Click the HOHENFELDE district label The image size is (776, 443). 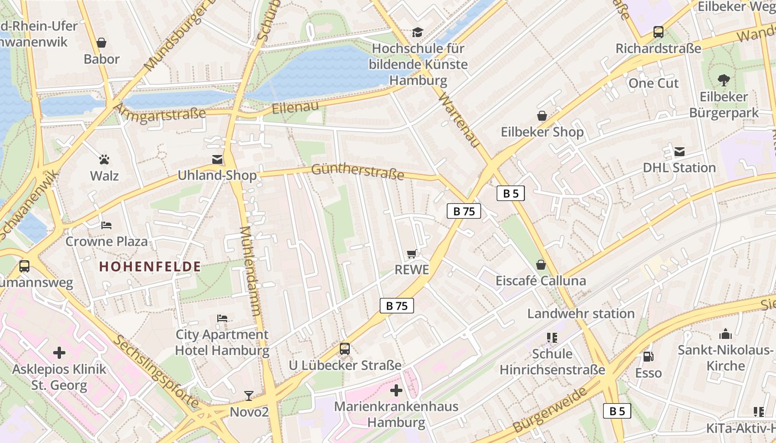pos(150,266)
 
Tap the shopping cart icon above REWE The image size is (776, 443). pos(411,254)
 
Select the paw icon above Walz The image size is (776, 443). pos(104,159)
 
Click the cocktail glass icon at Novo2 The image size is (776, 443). pos(249,395)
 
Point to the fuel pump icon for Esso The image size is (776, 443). pos(647,356)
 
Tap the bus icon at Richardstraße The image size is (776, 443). pos(658,32)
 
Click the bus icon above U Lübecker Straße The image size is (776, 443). pos(345,348)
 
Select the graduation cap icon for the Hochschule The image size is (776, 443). pos(417,32)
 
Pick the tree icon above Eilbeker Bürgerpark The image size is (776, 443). pos(723,80)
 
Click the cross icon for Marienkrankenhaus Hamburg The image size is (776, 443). pos(396,390)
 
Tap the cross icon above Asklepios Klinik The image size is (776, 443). pos(59,352)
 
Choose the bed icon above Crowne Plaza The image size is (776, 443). pos(106,225)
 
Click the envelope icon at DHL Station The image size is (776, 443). pos(679,151)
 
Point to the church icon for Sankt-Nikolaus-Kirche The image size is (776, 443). pos(725,334)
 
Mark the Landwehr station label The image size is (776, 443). pos(580,313)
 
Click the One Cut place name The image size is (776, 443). pos(654,83)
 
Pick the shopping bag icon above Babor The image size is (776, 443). pos(101,43)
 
